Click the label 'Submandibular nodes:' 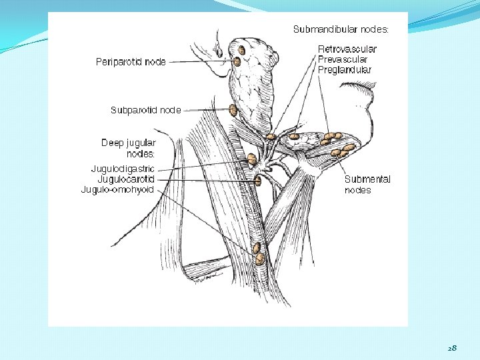(341, 29)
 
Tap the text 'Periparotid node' (131, 62)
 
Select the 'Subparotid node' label (145, 110)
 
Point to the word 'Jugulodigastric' (123, 169)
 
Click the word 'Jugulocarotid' (126, 179)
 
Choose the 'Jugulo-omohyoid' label (117, 190)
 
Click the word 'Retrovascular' (347, 49)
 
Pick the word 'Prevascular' (343, 59)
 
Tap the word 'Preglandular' (345, 69)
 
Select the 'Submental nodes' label (367, 185)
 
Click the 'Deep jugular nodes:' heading (128, 148)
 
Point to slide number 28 (452, 348)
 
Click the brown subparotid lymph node (233, 111)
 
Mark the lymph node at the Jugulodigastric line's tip (252, 159)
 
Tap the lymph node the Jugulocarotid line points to (257, 180)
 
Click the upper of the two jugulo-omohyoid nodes (258, 249)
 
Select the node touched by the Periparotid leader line (237, 62)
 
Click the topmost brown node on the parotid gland (242, 49)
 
